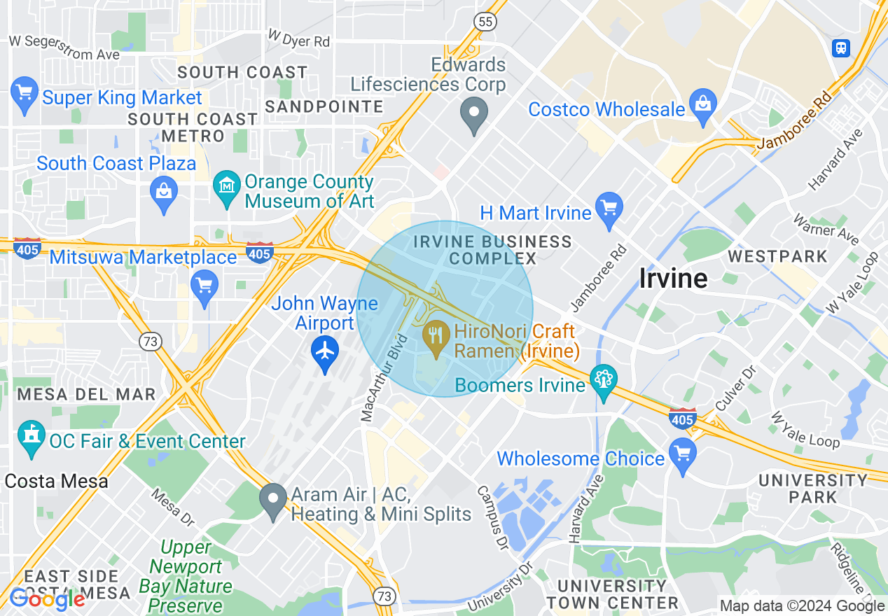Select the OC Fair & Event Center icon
[31, 437]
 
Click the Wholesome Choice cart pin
[683, 454]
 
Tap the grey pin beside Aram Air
[272, 500]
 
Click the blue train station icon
[840, 48]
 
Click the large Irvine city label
[673, 279]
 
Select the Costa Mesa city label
[56, 482]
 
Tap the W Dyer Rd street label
[299, 38]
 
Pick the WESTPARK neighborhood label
[777, 256]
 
